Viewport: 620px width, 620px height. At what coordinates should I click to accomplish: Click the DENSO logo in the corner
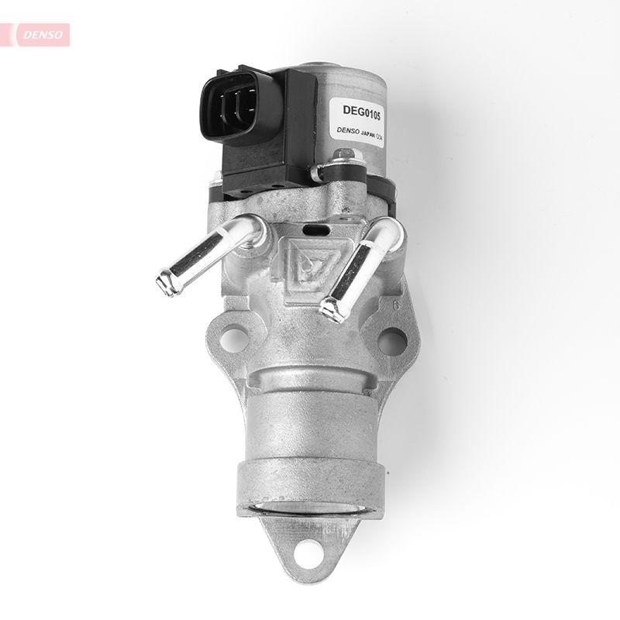(39, 34)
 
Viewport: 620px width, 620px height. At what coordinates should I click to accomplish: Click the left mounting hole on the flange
(229, 339)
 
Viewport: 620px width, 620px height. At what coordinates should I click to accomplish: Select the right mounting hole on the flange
(391, 340)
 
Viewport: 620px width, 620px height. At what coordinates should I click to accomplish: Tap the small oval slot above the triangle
(315, 230)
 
